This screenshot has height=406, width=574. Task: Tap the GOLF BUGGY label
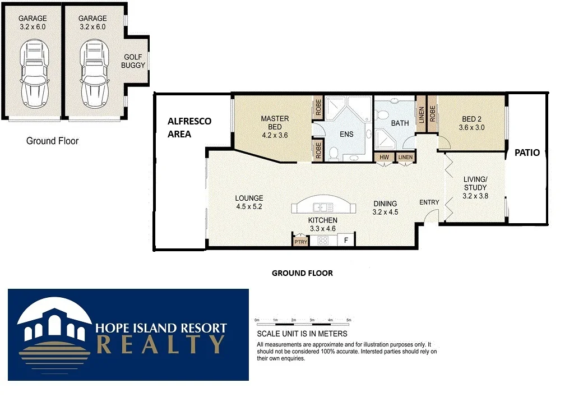click(x=134, y=61)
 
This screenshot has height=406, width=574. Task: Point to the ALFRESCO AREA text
click(x=189, y=127)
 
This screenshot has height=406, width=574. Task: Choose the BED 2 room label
click(x=471, y=123)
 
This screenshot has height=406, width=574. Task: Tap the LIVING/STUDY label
click(x=475, y=187)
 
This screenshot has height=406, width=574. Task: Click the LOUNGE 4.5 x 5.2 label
click(x=249, y=202)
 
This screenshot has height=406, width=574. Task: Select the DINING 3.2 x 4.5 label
click(x=385, y=208)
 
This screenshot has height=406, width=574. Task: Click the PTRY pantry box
click(x=300, y=242)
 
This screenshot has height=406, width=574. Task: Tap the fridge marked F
click(x=346, y=241)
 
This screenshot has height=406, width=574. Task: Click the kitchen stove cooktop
click(x=323, y=241)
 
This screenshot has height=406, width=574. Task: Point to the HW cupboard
click(x=384, y=158)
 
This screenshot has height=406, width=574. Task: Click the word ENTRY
click(x=430, y=202)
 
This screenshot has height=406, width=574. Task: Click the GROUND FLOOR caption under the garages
click(x=52, y=141)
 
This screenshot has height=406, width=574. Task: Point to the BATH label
click(x=400, y=123)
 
